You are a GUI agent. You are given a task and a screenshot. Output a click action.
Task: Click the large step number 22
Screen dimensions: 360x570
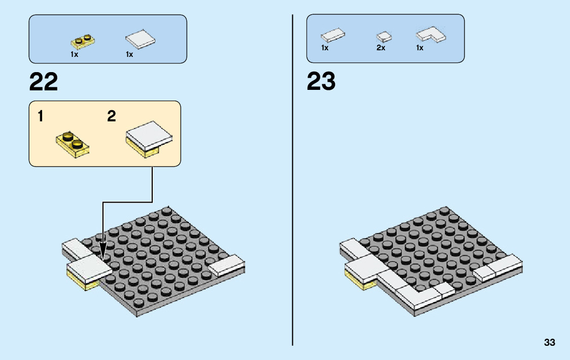pos(44,82)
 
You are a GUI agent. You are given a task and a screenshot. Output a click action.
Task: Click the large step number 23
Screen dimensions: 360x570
pos(321,82)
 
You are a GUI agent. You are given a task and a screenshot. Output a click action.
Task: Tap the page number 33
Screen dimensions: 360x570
pos(549,343)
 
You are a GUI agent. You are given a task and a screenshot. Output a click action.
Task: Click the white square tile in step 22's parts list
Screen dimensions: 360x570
pos(140,40)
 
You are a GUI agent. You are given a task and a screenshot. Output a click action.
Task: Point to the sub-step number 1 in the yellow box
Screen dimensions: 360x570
pos(41,117)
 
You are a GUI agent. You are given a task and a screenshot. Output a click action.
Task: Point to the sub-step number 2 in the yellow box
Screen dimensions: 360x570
pos(112,117)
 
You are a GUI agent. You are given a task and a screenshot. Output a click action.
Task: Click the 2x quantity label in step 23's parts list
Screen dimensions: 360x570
pos(381,48)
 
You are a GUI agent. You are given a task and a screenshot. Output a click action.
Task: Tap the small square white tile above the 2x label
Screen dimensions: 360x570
pos(384,37)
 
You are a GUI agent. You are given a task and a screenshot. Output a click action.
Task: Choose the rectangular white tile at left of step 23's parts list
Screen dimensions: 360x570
pos(333,35)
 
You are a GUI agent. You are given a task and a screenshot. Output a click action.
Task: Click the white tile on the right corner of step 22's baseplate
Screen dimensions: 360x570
pos(227,266)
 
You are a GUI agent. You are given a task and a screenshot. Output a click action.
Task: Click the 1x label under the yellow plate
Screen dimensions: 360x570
pos(74,54)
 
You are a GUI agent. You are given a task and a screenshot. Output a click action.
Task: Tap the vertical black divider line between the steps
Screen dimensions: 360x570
pos(293,178)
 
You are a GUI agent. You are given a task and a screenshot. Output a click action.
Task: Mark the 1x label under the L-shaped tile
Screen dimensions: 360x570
pos(420,48)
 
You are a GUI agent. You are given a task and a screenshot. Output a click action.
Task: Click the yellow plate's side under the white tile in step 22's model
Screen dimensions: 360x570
pos(82,282)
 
